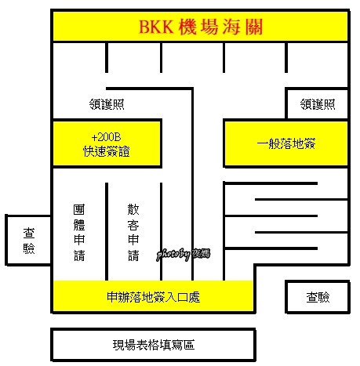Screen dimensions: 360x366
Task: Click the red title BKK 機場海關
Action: [201, 27]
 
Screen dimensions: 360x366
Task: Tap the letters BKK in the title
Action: [156, 27]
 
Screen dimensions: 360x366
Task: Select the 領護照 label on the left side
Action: [107, 104]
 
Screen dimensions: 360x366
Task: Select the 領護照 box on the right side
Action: [317, 103]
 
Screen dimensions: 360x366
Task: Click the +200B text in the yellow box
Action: [106, 137]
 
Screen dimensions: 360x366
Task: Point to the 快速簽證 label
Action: [107, 151]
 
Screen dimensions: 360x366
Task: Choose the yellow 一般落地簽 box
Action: [286, 143]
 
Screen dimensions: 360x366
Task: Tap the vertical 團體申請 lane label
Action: [79, 233]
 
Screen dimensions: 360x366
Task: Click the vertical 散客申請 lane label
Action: [133, 233]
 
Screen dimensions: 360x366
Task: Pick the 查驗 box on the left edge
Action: [28, 240]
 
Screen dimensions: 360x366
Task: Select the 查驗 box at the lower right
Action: [318, 297]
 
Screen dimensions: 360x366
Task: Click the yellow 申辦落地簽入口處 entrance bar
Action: [153, 297]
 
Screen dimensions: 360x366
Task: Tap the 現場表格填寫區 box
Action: [153, 345]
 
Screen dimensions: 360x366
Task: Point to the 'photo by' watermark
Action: [183, 254]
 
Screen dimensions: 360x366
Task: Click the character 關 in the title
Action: [254, 27]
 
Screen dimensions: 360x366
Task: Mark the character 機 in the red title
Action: [187, 27]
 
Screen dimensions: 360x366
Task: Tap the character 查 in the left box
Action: [29, 233]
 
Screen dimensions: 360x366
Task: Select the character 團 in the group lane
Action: [79, 209]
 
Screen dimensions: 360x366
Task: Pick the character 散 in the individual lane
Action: [133, 209]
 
